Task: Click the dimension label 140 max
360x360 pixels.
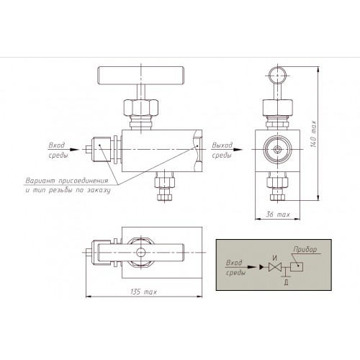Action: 313,134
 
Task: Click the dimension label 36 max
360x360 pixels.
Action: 278,214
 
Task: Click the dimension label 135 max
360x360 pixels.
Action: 144,292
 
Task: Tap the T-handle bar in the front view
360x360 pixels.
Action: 141,76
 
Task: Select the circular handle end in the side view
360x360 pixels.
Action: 278,75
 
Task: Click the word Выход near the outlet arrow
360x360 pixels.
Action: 222,145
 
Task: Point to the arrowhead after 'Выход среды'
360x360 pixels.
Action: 238,150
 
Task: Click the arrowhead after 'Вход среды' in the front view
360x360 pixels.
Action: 74,150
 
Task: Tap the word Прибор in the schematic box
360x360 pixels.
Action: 305,249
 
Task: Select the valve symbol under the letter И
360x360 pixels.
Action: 275,267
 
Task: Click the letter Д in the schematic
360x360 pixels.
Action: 286,282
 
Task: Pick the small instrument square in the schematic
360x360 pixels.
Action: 297,266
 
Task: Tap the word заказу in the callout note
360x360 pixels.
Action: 99,190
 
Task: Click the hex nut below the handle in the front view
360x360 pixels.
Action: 141,108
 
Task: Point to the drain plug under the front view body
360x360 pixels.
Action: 164,186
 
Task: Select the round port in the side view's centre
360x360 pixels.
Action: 278,150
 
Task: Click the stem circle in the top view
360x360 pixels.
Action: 140,252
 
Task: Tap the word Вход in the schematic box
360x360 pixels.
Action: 234,263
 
